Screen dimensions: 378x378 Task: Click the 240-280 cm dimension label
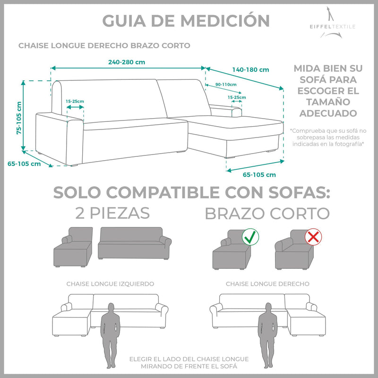(x=126, y=62)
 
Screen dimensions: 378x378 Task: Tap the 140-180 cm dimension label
(x=251, y=69)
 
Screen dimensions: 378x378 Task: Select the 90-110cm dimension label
(x=225, y=84)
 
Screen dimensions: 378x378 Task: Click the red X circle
(x=312, y=237)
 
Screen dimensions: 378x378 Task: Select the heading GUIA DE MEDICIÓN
(x=186, y=20)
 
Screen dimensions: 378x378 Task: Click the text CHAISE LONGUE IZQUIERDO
(x=110, y=284)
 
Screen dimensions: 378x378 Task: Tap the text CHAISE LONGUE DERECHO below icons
(x=267, y=284)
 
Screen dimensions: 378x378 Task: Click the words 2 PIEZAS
(x=112, y=213)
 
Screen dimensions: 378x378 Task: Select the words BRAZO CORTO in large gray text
(x=267, y=213)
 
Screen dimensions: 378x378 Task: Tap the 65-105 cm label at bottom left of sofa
(x=24, y=164)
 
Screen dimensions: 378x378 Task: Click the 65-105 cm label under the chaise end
(x=259, y=174)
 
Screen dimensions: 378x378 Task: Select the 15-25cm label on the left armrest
(x=75, y=101)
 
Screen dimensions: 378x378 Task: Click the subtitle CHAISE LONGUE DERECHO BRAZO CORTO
(x=104, y=46)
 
